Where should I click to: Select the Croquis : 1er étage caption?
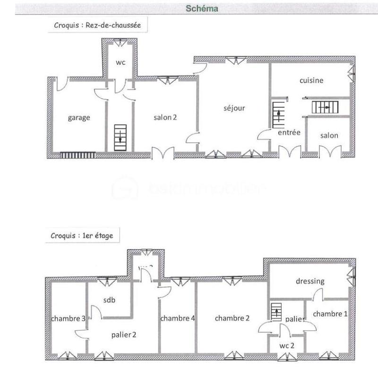pos(82,235)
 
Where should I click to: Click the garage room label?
pos(78,118)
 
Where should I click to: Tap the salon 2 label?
pos(165,118)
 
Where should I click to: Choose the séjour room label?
pos(234,108)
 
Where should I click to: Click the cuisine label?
pos(311,80)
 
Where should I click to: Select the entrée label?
pos(289,133)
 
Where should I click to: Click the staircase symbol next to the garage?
pos(120,137)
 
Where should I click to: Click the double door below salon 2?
pos(163,154)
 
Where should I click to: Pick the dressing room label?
pos(310,281)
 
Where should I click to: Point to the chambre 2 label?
pos(232,318)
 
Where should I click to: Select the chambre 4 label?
pos(178,318)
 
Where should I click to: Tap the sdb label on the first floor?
pos(110,300)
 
